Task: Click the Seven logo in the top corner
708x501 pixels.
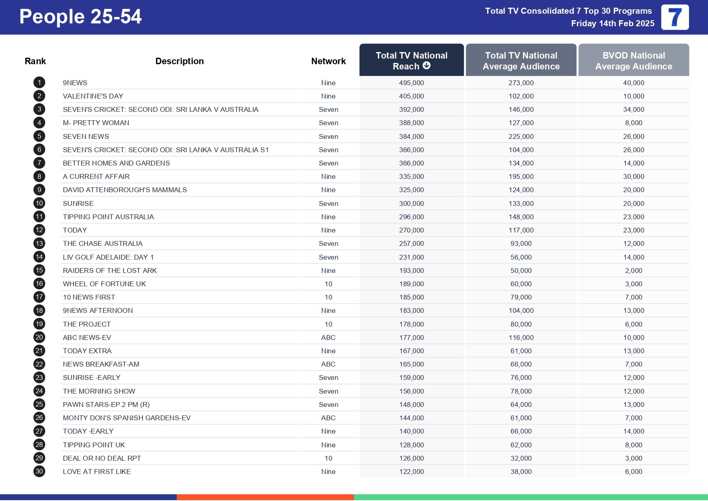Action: [675, 17]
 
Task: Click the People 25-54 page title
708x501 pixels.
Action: [80, 17]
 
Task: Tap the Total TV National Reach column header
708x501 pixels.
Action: [411, 60]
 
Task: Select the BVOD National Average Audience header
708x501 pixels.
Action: [633, 61]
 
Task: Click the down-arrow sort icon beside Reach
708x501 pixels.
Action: [427, 66]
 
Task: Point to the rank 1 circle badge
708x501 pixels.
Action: [39, 83]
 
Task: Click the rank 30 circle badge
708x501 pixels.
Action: [39, 471]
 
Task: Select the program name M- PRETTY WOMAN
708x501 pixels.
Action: [96, 123]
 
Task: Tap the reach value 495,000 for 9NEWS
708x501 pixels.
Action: [411, 83]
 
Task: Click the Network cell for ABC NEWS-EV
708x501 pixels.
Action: [328, 337]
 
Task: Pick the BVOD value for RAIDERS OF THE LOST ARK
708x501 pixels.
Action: [633, 270]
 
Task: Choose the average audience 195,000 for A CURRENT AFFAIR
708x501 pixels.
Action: [521, 176]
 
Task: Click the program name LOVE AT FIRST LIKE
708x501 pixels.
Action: [97, 472]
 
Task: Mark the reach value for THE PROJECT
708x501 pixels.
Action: [411, 324]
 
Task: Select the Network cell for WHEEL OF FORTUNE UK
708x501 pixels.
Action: [328, 284]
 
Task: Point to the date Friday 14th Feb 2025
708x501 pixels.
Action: [612, 23]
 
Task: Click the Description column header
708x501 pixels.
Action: [180, 61]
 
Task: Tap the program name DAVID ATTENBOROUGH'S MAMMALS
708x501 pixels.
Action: [125, 190]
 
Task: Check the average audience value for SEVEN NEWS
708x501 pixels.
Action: [521, 136]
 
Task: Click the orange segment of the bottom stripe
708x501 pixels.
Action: [265, 497]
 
